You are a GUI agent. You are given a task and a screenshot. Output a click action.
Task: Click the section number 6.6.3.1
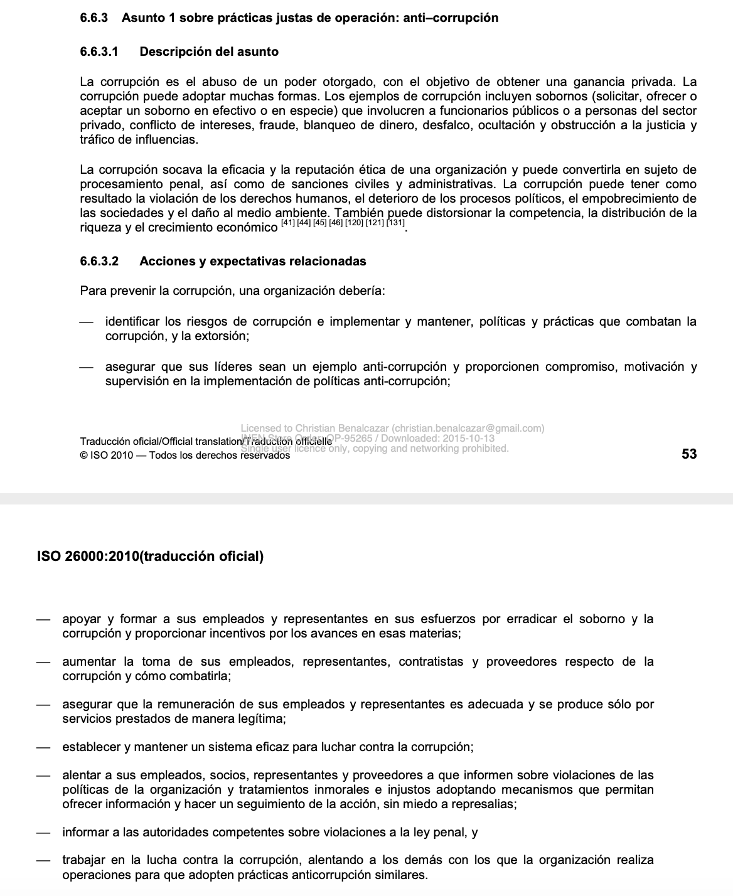click(99, 51)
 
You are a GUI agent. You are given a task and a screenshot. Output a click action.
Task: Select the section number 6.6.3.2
click(99, 261)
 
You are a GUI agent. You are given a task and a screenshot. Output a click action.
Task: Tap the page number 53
click(689, 454)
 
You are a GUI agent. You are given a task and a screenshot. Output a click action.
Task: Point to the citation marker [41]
click(289, 223)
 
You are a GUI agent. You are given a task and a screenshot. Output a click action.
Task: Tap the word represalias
click(484, 804)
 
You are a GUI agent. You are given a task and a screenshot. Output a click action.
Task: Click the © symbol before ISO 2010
click(84, 456)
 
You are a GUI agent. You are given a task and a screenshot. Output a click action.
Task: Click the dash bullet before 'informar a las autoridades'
click(43, 833)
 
